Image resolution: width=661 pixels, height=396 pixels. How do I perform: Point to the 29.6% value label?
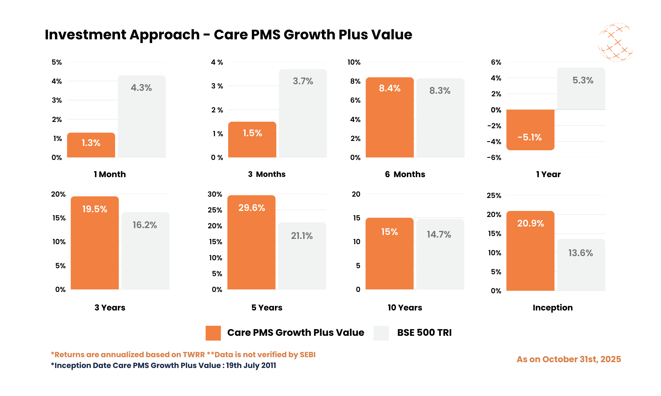click(251, 208)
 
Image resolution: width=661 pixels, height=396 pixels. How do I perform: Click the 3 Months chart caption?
click(267, 174)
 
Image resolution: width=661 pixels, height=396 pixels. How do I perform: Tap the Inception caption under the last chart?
click(553, 307)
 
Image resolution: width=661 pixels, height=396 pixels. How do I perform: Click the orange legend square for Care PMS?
click(213, 333)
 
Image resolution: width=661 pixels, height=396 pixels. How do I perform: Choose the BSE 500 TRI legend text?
click(424, 332)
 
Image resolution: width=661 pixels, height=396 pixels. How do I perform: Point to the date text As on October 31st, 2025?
click(568, 359)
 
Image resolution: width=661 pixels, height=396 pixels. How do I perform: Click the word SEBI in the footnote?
click(307, 354)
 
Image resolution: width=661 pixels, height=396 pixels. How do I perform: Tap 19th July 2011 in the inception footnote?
click(251, 365)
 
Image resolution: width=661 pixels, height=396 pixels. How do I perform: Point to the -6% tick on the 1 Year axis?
click(494, 157)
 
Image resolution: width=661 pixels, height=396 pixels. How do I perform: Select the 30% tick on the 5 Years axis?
click(215, 194)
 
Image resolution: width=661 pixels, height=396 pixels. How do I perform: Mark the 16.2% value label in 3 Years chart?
click(145, 225)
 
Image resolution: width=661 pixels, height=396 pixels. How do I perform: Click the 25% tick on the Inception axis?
click(494, 195)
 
